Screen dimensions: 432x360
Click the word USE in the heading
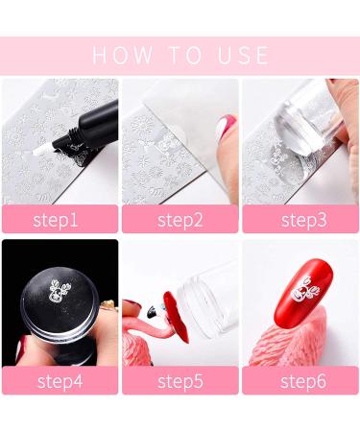click(240, 55)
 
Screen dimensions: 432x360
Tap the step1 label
click(60, 219)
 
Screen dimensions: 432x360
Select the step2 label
click(180, 219)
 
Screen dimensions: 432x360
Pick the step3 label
click(300, 219)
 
